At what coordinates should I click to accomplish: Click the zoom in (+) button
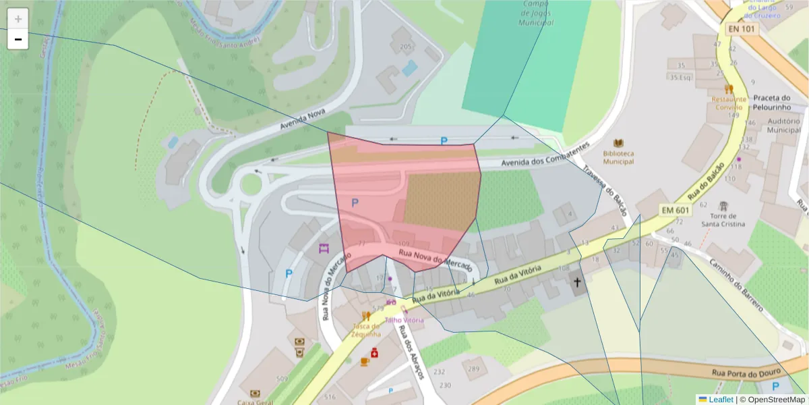[18, 19]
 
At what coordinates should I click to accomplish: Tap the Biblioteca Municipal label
[618, 157]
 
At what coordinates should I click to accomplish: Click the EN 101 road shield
[742, 29]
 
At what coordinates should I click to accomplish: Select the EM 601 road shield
[675, 211]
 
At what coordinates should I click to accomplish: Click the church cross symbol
[577, 283]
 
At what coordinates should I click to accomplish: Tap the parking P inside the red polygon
[355, 202]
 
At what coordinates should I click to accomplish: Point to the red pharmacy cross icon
[374, 352]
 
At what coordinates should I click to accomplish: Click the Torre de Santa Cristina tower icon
[723, 205]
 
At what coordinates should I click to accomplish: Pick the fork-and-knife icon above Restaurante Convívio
[729, 88]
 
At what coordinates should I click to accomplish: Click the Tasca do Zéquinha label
[366, 330]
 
